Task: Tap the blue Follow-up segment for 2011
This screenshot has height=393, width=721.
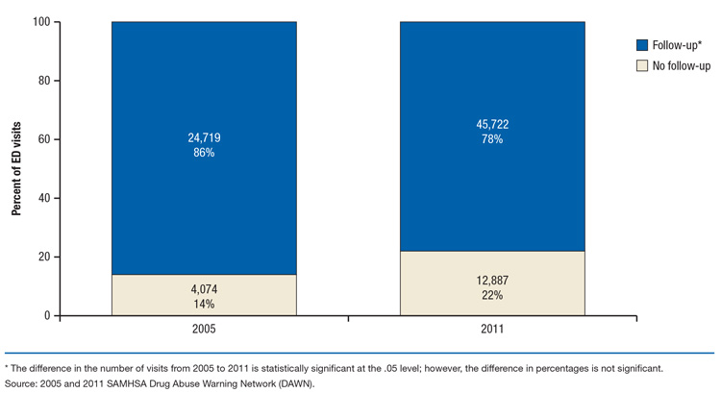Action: pos(492,86)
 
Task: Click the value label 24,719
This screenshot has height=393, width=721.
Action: pos(204,138)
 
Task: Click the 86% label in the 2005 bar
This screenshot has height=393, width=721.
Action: pos(204,153)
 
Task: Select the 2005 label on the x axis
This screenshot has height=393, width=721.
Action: pos(204,328)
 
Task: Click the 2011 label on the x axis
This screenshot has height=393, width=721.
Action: pos(492,328)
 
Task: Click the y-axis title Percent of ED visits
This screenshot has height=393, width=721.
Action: pos(17,169)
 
